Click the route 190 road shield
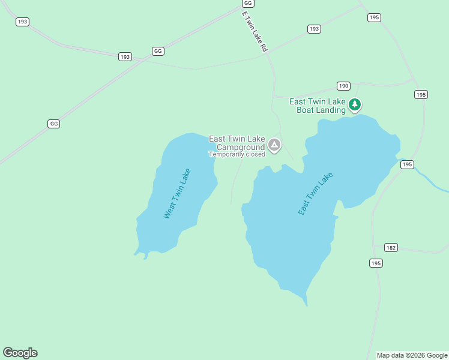343,86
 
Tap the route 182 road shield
391,248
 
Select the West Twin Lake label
177,193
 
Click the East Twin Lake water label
315,194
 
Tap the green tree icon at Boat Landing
355,105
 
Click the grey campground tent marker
274,145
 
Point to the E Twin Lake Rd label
255,31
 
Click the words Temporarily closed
237,154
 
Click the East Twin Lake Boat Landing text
318,106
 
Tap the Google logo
20,353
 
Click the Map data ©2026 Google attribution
412,355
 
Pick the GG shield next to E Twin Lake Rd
247,3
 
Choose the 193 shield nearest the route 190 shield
314,29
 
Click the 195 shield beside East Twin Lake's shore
408,164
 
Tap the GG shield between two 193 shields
158,51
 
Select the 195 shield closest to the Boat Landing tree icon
421,94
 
